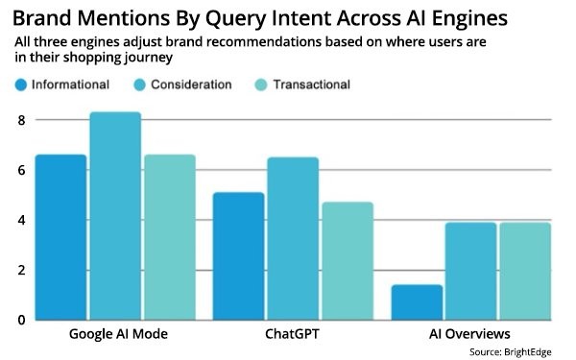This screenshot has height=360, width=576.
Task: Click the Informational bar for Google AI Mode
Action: coord(60,237)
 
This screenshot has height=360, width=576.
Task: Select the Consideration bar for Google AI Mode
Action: coord(115,216)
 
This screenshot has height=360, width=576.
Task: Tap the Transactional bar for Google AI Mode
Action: coord(169,237)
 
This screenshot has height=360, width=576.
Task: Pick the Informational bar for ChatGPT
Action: coord(238,256)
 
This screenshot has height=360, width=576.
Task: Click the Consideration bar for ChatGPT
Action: coord(293,239)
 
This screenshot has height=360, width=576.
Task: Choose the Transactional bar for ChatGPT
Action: coord(347,261)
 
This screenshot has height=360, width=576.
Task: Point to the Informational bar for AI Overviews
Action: coord(417,302)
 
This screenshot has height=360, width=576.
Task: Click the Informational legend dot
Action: coord(21,84)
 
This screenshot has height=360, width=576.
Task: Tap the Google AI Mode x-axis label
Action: coord(115,336)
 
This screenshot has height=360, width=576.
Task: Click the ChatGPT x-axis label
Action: coord(293,336)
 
